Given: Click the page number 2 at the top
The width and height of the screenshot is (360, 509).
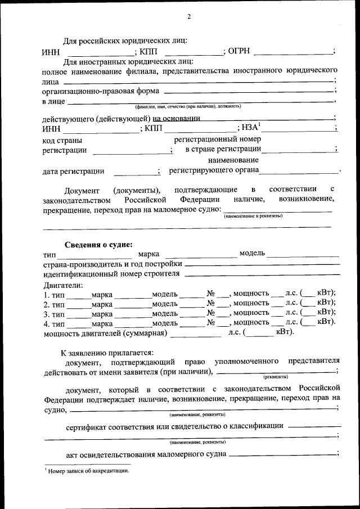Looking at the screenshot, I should pyautogui.click(x=189, y=16).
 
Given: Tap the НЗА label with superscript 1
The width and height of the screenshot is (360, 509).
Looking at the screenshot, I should pyautogui.click(x=250, y=128).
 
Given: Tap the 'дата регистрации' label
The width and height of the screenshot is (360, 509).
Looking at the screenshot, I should pyautogui.click(x=73, y=171).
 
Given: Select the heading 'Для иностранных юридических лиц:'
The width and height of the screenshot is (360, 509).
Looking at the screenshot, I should pyautogui.click(x=128, y=61).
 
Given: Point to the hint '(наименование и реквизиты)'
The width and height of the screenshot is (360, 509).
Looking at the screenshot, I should pyautogui.click(x=253, y=216).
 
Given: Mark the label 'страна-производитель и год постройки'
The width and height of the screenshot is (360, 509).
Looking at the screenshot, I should pyautogui.click(x=112, y=264).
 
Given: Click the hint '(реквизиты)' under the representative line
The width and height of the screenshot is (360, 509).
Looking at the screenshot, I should pyautogui.click(x=276, y=376).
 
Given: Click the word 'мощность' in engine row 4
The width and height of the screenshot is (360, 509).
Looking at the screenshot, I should pyautogui.click(x=250, y=322).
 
